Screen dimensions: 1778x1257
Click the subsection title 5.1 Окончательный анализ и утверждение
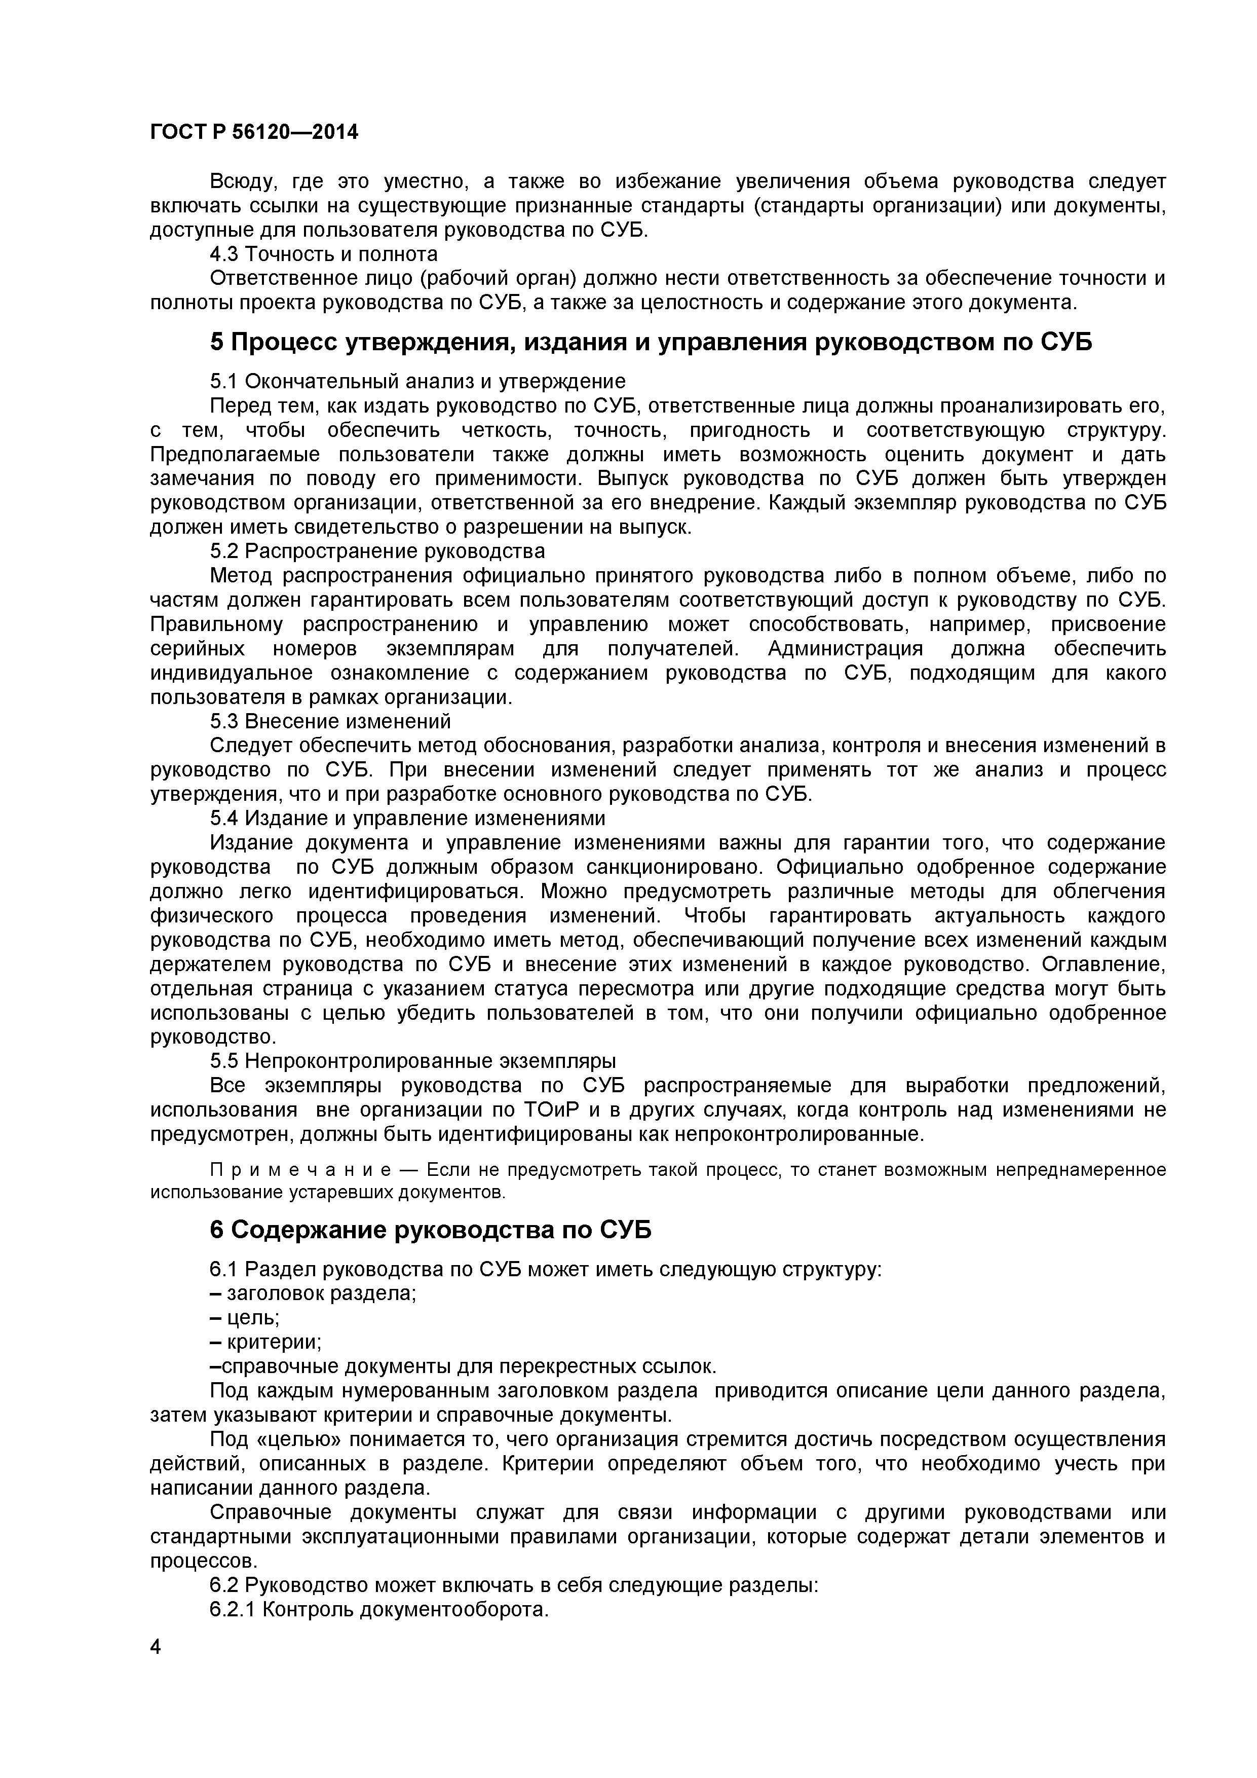[417, 381]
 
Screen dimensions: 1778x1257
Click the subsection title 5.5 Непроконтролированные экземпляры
[412, 1060]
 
